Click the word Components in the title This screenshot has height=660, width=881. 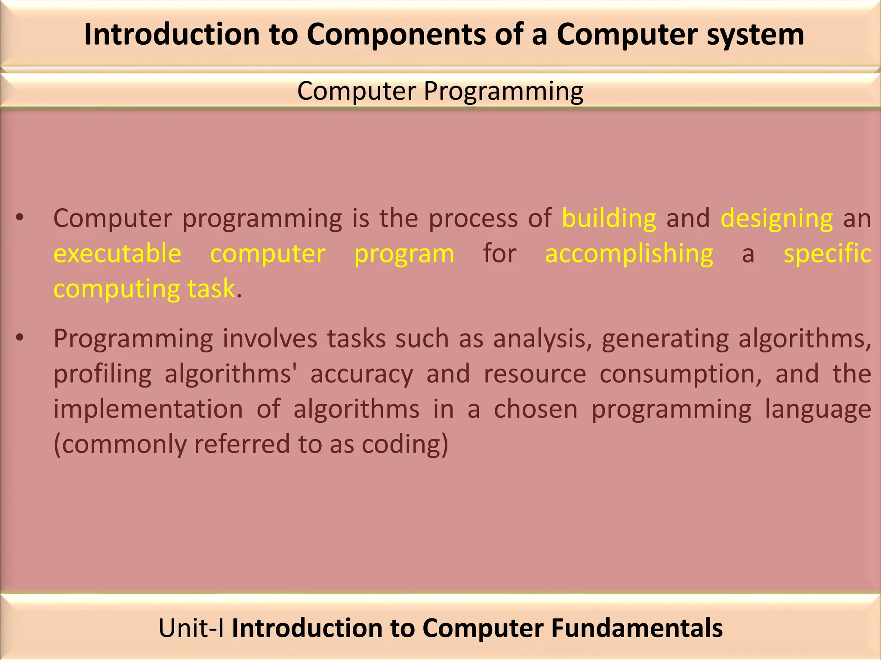(x=396, y=34)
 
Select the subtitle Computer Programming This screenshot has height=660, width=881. (x=440, y=91)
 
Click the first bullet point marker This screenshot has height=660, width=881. (x=19, y=218)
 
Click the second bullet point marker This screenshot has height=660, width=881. (x=19, y=339)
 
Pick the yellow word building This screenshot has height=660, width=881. (x=609, y=218)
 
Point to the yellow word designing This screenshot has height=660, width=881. (x=776, y=218)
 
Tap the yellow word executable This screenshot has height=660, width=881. (x=117, y=254)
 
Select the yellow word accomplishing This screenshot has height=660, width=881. (x=629, y=254)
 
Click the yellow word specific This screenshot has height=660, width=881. (x=827, y=254)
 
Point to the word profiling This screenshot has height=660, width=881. (x=102, y=374)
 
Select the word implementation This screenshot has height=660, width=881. (x=148, y=409)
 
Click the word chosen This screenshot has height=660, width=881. (x=536, y=409)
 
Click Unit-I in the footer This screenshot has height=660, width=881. (x=191, y=628)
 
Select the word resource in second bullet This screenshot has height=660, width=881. (x=535, y=374)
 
